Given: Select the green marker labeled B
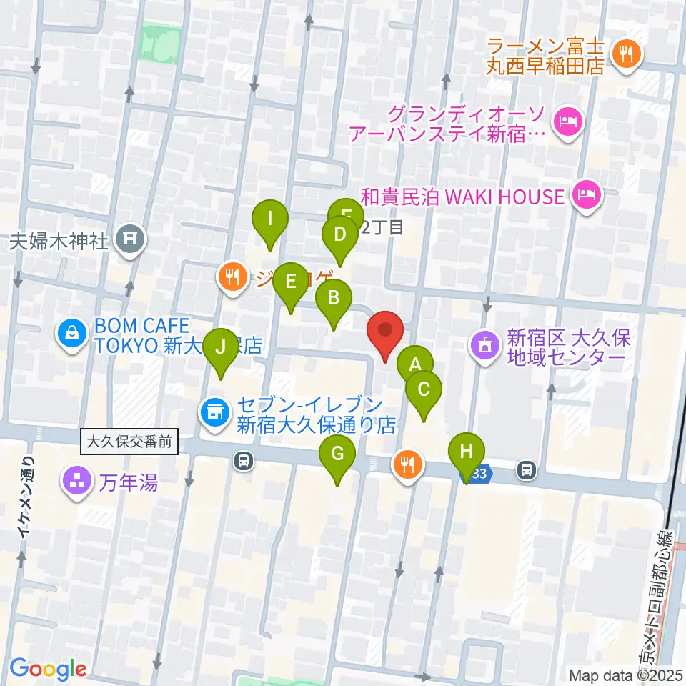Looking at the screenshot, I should (x=333, y=299).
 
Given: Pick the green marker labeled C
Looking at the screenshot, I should (x=424, y=390).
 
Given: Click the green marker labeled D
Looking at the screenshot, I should (x=340, y=235).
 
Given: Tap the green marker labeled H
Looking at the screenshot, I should (x=467, y=452).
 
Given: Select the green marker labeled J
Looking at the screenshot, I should (x=221, y=348).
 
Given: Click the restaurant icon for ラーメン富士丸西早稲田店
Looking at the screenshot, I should (x=627, y=51).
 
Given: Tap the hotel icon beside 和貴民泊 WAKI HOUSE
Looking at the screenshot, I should (x=587, y=194).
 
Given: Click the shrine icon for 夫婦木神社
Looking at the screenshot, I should (x=129, y=239).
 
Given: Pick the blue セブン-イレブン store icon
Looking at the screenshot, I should (x=214, y=411).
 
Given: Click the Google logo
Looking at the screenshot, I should (x=48, y=669).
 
